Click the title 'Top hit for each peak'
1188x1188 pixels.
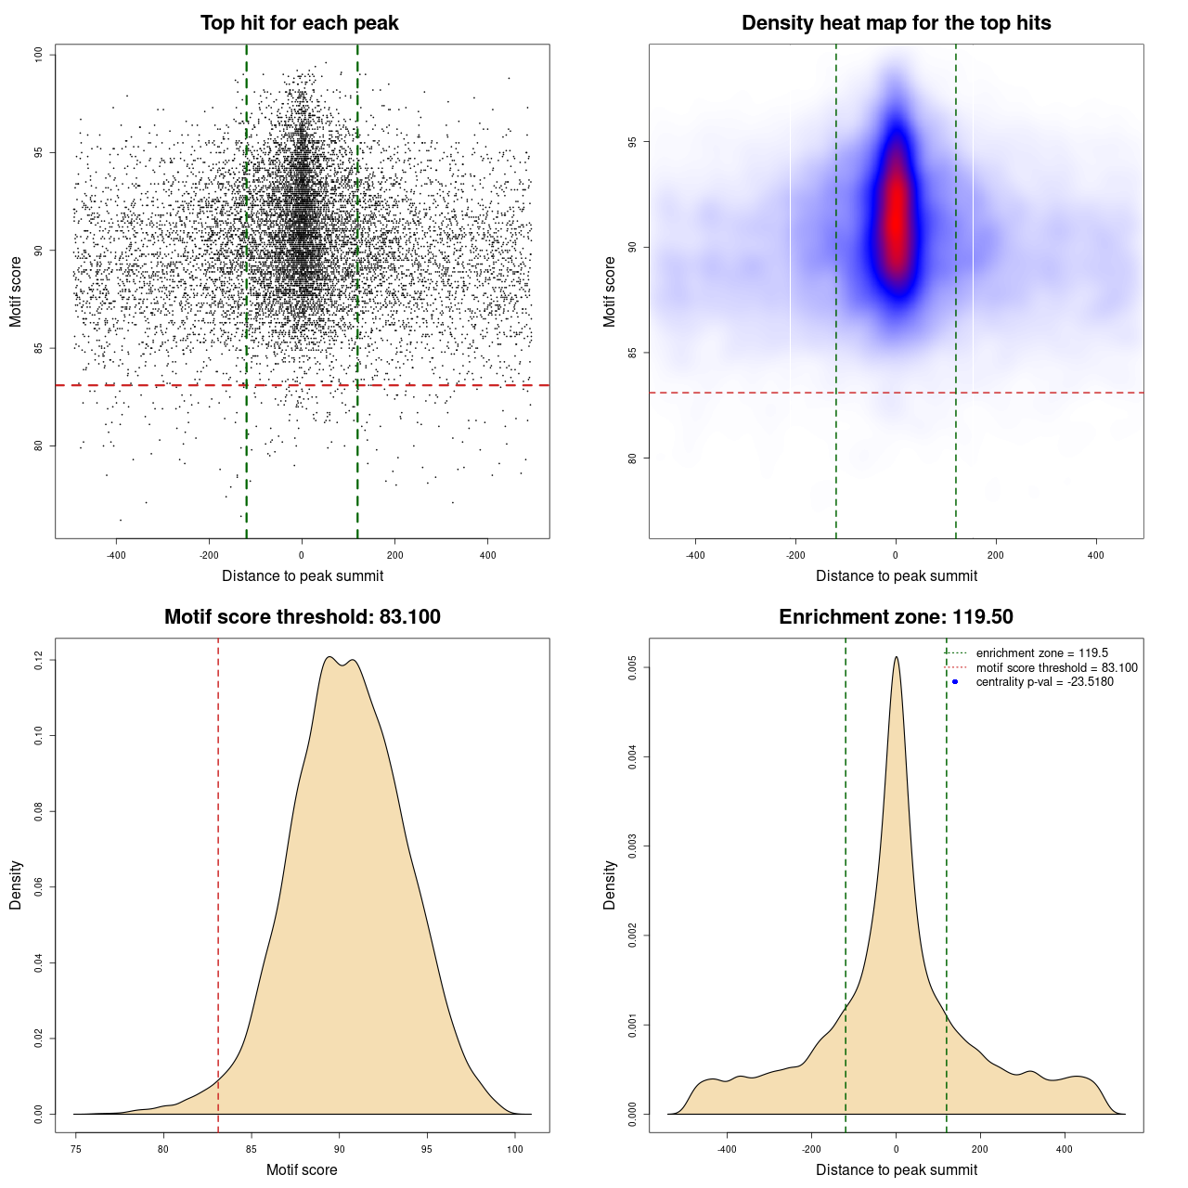[300, 23]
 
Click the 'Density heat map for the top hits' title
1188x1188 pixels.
[896, 23]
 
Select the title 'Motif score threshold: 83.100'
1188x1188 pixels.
[302, 617]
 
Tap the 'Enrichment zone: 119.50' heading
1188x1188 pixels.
[896, 617]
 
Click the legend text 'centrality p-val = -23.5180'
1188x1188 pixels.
[1044, 682]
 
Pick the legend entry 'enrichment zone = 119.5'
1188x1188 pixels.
[1041, 653]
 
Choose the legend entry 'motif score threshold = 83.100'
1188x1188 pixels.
[1056, 668]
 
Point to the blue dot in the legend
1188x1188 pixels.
[955, 682]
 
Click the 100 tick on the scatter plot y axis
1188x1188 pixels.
[39, 55]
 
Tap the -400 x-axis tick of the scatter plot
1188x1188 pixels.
[116, 555]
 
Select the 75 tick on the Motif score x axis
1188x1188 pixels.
[76, 1149]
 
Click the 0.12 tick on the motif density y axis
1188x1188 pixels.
[39, 660]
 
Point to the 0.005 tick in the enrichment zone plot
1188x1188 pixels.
[633, 667]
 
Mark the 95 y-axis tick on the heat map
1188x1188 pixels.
[633, 142]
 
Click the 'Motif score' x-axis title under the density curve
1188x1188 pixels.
[302, 1169]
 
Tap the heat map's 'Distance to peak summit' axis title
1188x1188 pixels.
[897, 575]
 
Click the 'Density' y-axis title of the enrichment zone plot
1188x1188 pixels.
[610, 885]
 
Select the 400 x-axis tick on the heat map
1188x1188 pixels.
[1096, 555]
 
